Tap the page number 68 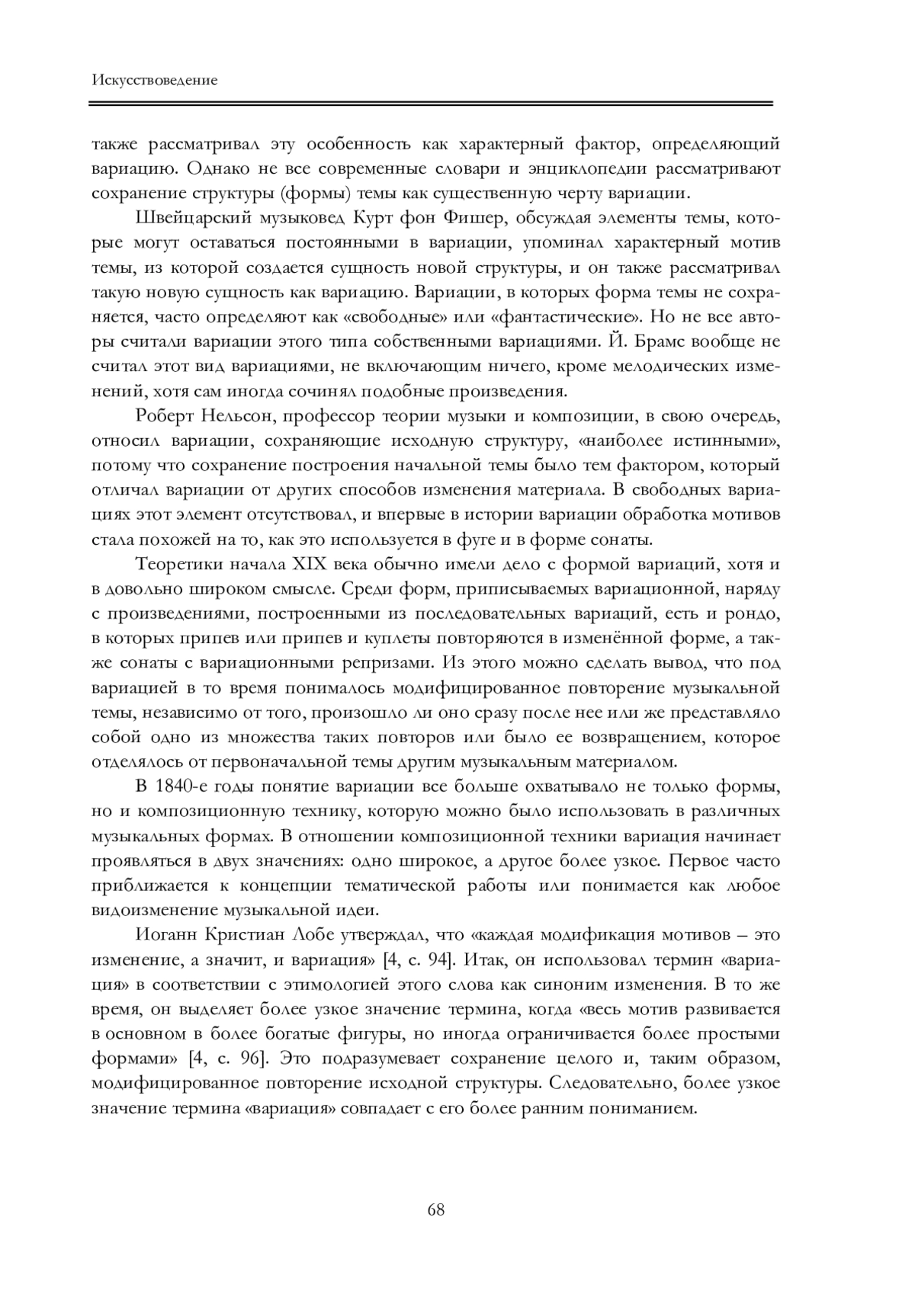click(x=436, y=1209)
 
